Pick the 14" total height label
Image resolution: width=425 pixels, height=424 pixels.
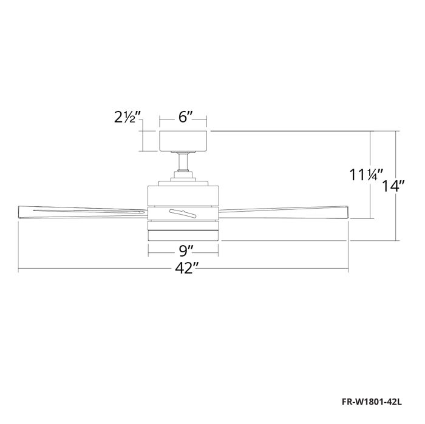[394, 187]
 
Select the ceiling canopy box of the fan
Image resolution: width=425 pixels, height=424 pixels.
[183, 141]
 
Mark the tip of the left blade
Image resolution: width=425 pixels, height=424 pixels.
[18, 212]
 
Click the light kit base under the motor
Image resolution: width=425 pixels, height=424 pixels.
[183, 234]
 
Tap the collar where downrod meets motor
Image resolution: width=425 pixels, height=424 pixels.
[183, 178]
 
